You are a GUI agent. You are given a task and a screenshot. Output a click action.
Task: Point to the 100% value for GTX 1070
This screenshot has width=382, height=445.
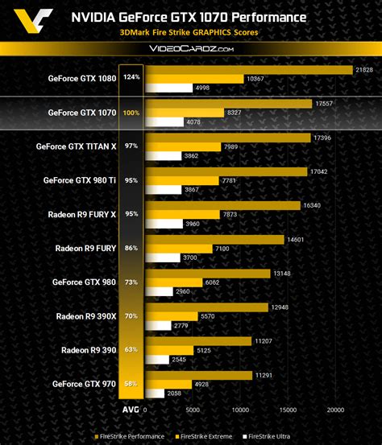click(x=131, y=113)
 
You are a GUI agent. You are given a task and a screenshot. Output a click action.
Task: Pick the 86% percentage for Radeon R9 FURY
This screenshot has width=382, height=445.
click(x=131, y=249)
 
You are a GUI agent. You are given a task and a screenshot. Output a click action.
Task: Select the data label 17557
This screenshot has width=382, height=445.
click(x=323, y=104)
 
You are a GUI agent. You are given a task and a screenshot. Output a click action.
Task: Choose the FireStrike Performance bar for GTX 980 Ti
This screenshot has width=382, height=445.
click(x=225, y=172)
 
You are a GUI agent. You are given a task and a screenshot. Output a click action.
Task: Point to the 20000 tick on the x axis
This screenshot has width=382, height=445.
click(x=335, y=410)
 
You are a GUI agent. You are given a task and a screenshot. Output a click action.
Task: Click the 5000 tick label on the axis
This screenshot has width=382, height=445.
click(x=193, y=410)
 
